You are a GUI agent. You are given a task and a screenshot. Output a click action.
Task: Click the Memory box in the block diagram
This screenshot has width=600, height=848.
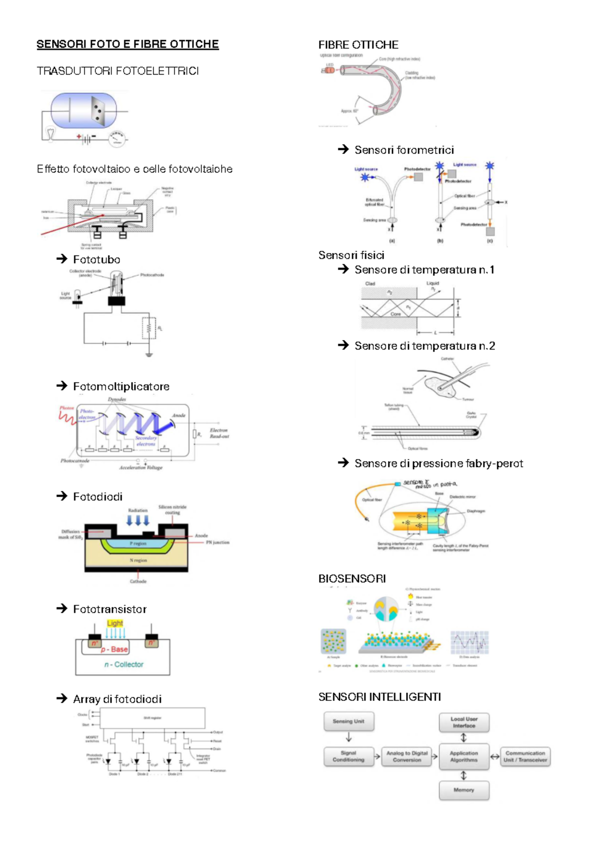click(463, 790)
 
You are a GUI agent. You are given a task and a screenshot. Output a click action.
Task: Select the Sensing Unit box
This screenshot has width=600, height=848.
click(348, 721)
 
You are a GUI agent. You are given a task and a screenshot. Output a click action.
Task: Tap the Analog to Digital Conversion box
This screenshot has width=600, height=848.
click(407, 756)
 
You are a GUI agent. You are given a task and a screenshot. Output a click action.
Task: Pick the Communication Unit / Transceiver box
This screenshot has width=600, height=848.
click(525, 756)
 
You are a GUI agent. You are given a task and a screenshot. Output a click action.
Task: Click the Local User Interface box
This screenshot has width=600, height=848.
click(464, 722)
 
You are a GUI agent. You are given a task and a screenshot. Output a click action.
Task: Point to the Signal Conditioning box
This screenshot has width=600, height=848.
click(348, 756)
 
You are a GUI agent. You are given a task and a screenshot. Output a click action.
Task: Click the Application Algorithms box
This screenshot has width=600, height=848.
click(463, 756)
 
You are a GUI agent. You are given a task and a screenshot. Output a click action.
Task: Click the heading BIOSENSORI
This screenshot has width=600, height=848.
click(352, 578)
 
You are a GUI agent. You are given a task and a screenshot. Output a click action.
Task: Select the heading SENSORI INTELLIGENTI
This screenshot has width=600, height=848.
click(379, 697)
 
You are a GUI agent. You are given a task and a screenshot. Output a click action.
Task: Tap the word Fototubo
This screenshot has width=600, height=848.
click(96, 259)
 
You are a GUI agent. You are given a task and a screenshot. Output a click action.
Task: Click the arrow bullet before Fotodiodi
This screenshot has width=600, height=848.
click(61, 496)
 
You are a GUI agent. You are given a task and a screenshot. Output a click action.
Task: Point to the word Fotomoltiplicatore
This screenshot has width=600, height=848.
click(121, 386)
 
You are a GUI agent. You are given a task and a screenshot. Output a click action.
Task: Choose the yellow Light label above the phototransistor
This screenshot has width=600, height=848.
click(115, 623)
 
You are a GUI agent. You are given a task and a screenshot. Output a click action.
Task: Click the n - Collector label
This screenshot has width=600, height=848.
click(124, 664)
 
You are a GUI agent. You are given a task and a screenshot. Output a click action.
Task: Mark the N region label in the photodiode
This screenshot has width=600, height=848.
click(138, 560)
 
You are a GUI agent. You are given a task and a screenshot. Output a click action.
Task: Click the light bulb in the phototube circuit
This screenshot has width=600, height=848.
click(50, 133)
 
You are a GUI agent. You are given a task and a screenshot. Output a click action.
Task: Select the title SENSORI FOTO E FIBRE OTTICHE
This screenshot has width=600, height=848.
click(127, 44)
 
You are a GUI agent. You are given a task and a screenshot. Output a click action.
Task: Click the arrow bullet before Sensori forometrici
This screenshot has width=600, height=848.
click(343, 149)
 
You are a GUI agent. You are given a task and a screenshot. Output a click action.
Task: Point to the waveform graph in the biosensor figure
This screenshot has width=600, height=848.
click(469, 642)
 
